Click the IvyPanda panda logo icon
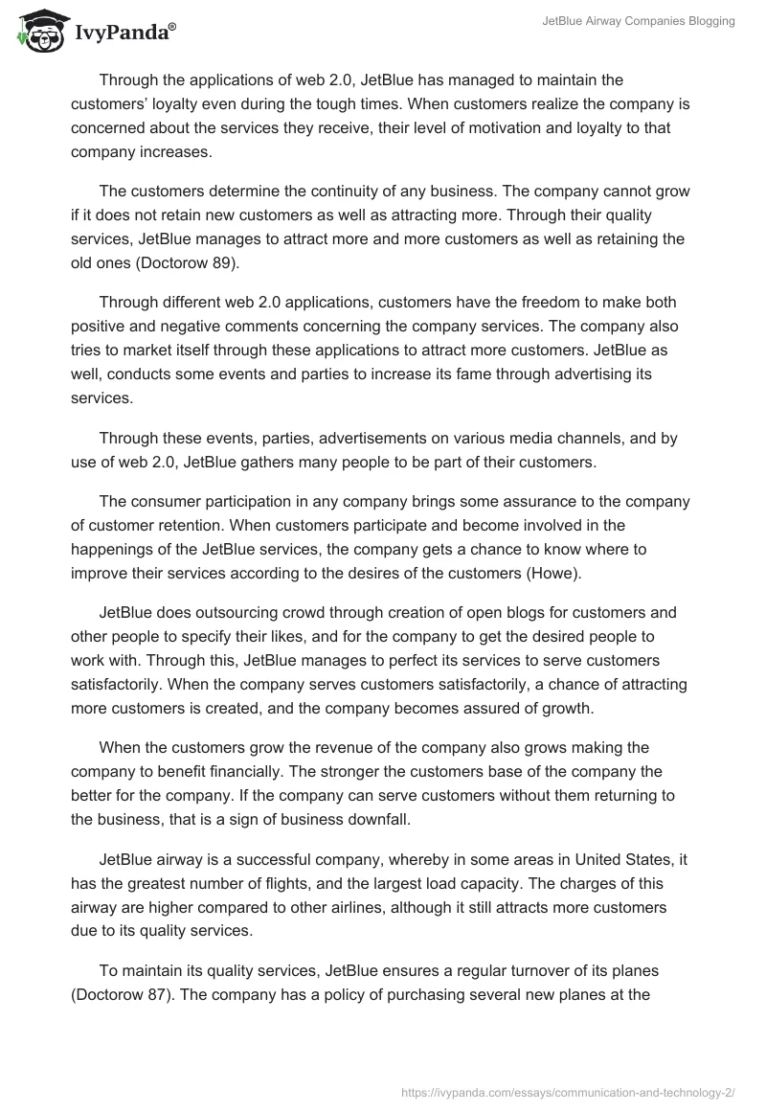point(36,29)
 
